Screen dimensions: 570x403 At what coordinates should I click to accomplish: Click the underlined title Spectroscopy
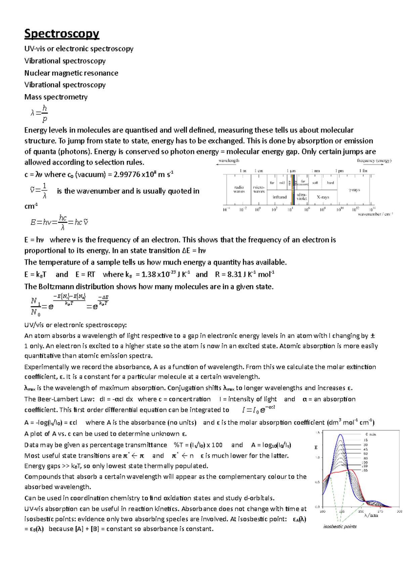(61, 34)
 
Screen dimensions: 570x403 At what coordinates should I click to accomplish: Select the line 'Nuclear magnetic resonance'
(71, 73)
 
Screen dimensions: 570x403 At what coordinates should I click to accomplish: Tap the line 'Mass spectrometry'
(56, 97)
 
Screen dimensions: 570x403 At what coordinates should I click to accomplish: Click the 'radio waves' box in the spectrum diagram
(239, 189)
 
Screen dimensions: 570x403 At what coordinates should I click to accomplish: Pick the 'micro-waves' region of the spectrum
(259, 189)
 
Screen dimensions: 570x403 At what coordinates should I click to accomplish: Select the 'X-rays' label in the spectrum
(323, 197)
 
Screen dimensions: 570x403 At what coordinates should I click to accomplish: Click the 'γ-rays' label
(354, 190)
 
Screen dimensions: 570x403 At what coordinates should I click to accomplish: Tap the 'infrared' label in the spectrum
(279, 197)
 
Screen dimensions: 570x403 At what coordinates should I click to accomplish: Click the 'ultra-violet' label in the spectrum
(302, 196)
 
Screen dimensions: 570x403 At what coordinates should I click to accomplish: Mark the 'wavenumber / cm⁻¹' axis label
(375, 214)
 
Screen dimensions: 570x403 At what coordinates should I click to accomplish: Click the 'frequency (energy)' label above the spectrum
(374, 160)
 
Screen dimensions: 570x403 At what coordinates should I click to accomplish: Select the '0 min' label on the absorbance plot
(370, 434)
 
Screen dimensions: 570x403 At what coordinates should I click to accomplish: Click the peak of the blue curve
(341, 435)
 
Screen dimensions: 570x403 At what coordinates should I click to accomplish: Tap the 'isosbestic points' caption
(340, 526)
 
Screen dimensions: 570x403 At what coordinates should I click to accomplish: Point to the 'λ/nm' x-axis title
(371, 515)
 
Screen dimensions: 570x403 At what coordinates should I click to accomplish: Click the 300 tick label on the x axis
(399, 512)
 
